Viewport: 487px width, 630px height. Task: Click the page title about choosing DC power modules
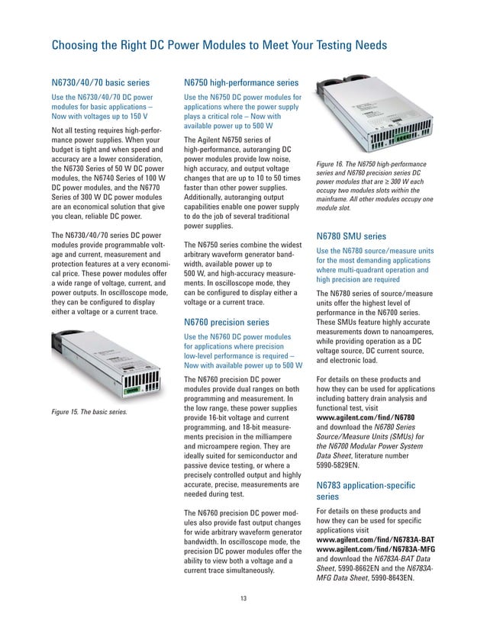tap(219, 47)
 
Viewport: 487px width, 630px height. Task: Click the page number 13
tap(243, 596)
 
